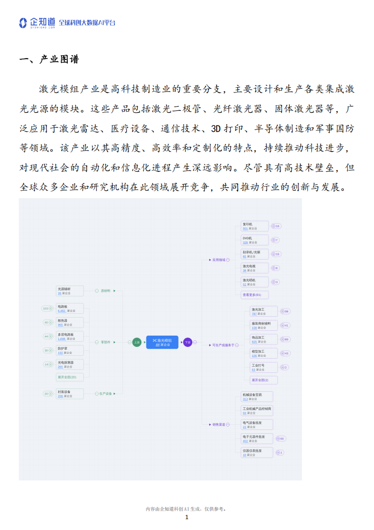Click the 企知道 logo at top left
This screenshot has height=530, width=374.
[x=37, y=23]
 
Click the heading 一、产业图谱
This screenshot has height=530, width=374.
[x=49, y=59]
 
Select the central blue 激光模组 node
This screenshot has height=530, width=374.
[x=162, y=342]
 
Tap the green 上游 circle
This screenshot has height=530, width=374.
[x=137, y=342]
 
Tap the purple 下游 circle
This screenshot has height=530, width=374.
[x=187, y=342]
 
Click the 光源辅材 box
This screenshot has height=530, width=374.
[x=70, y=291]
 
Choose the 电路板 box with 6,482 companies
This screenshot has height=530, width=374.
[x=70, y=309]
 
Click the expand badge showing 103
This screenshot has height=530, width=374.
[x=47, y=309]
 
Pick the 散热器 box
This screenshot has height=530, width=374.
[x=70, y=322]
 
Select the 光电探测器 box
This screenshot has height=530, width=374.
[x=70, y=364]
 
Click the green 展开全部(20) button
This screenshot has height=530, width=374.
[x=70, y=377]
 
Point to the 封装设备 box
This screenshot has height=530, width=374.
[x=70, y=394]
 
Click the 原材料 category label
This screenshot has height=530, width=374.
[x=106, y=291]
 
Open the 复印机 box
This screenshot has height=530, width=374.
[x=254, y=226]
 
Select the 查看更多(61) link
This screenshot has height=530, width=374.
[x=254, y=295]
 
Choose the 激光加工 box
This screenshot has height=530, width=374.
[x=264, y=311]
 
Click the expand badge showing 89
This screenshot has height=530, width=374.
[x=285, y=339]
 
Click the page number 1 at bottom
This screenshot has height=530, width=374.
[x=187, y=517]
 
